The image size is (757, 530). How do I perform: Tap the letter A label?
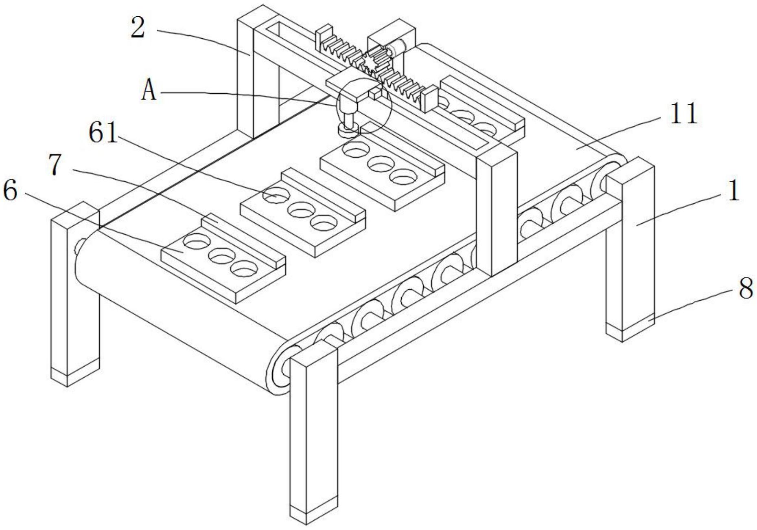pos(149,91)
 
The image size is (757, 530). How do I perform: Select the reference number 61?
pos(103,133)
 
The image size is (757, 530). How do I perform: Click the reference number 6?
pos(10,191)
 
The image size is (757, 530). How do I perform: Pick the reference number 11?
pos(684,114)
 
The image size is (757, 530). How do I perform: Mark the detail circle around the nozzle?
pos(364,106)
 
